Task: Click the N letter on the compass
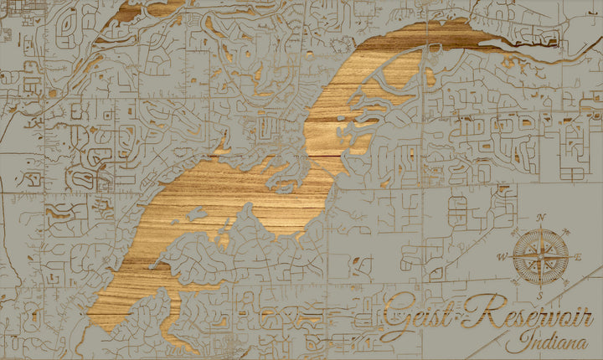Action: click(541, 218)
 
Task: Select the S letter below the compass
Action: click(541, 294)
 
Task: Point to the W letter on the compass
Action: click(502, 256)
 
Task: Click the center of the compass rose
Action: click(539, 255)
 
